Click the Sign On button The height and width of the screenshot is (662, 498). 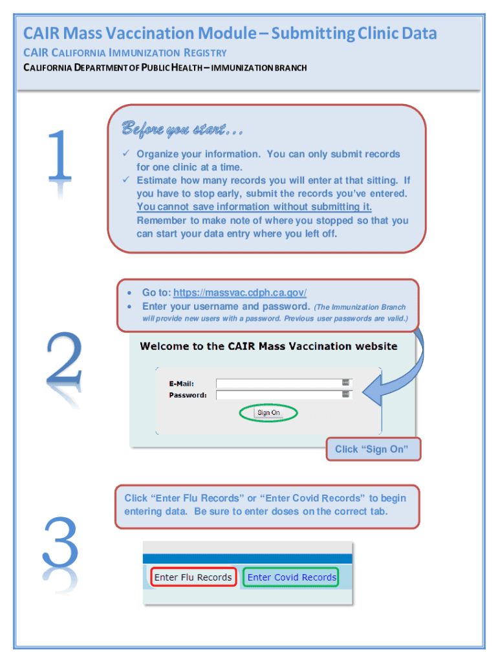(x=268, y=412)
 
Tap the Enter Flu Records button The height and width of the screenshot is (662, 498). (x=193, y=577)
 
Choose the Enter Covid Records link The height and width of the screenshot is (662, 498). (x=292, y=577)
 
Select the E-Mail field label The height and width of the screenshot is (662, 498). (x=181, y=383)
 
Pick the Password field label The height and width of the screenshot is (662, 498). (x=188, y=395)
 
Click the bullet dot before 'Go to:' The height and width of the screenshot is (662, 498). (x=131, y=294)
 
